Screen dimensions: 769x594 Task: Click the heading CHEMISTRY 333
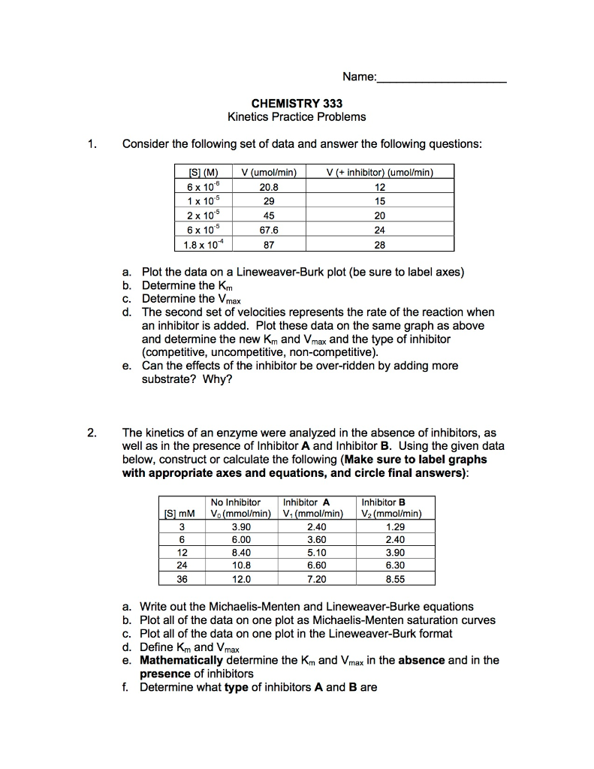point(297,103)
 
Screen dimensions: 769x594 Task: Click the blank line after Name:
point(442,77)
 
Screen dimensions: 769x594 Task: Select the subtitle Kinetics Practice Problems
point(297,116)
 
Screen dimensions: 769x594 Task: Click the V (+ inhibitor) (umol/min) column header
point(379,173)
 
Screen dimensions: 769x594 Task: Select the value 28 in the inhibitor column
point(379,244)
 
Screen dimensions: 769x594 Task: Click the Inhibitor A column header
point(312,502)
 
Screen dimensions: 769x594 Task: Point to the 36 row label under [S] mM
point(180,579)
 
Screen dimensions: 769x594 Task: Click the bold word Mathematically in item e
point(181,660)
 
